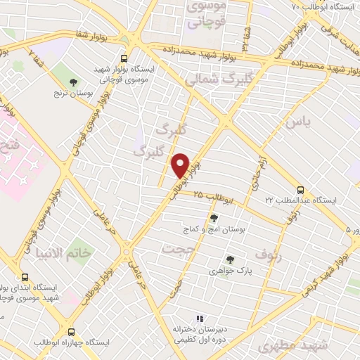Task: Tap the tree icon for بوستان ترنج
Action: point(74,84)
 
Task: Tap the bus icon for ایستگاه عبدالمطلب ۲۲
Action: point(300,190)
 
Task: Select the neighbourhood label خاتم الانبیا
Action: point(67,252)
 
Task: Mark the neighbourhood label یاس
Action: point(297,121)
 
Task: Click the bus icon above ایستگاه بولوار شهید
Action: point(124,59)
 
